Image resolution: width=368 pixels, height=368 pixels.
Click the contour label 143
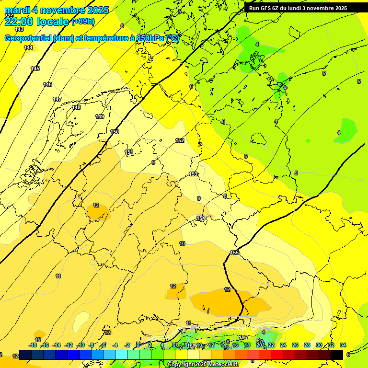pos(19,29)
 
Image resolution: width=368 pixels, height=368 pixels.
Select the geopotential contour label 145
pos(35,69)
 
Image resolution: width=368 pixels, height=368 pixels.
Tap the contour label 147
pos(57,99)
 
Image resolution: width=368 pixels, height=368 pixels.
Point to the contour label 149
pos(100,116)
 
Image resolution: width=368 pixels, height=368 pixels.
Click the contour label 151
pos(129,152)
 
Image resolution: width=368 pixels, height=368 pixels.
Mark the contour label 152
pos(180,140)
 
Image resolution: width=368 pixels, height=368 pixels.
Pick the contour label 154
pos(201,218)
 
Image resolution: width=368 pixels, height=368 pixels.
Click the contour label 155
pos(234,253)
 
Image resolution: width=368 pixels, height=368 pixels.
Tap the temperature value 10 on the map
pos(182,243)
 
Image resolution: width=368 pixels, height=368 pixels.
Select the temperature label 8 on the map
pos(225,195)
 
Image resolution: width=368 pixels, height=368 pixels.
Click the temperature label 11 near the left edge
pos(58,276)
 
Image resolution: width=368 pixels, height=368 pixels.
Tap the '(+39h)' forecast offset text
pos(83,22)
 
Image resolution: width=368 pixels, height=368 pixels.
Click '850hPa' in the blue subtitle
pos(150,38)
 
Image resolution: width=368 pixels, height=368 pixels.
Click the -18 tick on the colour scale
pos(33,345)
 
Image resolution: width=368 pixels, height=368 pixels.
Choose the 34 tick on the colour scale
pos(343,345)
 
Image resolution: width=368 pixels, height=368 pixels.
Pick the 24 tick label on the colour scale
pos(283,345)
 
